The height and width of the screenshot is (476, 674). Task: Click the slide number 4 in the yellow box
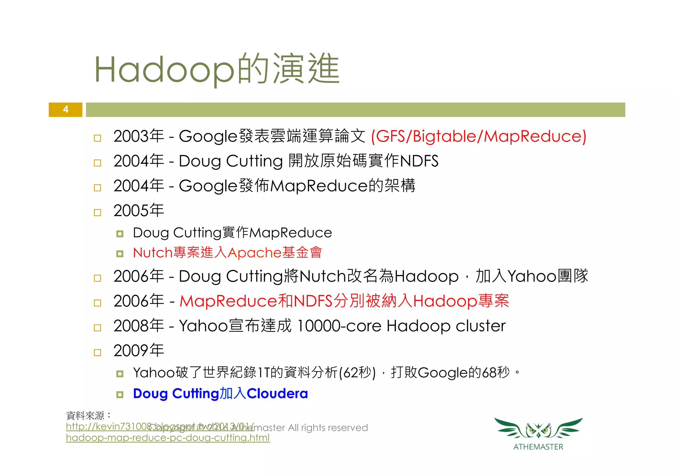[x=65, y=109]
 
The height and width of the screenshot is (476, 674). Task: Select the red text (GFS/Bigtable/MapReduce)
[x=479, y=136]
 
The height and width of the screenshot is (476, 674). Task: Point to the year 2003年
[x=139, y=136]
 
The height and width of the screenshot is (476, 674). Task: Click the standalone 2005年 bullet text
[x=139, y=211]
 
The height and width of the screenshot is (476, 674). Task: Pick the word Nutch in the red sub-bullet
[x=153, y=253]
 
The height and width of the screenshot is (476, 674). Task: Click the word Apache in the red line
[x=254, y=253]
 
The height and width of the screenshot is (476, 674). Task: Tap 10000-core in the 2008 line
[x=339, y=326]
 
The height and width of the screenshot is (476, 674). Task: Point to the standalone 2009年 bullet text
[x=139, y=351]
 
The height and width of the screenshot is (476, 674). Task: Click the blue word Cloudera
[x=277, y=393]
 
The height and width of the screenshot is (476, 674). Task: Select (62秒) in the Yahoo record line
[x=357, y=373]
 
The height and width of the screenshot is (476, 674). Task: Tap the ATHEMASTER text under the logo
[x=538, y=447]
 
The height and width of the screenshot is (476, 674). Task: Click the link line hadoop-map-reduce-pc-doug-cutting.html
[x=168, y=438]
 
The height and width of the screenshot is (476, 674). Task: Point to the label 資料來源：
[x=88, y=416]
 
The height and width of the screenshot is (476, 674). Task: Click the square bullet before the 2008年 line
[x=97, y=328]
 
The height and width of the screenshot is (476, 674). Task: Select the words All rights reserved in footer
[x=328, y=428]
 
